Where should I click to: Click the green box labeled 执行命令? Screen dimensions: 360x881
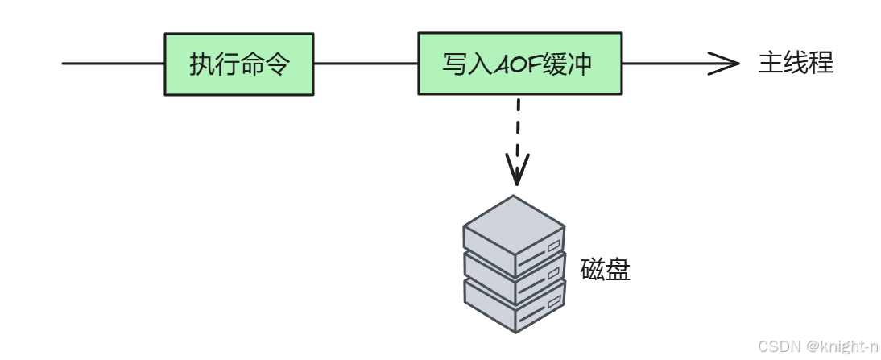point(238,64)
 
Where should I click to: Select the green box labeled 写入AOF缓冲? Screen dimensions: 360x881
point(519,64)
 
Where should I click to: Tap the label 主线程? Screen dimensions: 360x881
point(796,64)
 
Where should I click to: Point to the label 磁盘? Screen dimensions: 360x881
point(605,270)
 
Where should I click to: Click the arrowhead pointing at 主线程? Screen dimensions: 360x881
point(725,64)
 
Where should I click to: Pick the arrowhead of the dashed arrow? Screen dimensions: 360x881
point(517,171)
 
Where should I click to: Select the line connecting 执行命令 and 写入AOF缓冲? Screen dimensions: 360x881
point(366,64)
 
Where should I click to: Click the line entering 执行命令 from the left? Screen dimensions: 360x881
point(113,64)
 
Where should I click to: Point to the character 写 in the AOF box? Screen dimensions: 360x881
point(454,64)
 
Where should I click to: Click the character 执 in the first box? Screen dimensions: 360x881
point(201,64)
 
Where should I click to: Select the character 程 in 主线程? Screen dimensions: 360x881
point(821,64)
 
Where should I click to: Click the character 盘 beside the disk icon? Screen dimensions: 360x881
point(618,270)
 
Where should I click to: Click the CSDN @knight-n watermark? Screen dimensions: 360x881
point(817,346)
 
